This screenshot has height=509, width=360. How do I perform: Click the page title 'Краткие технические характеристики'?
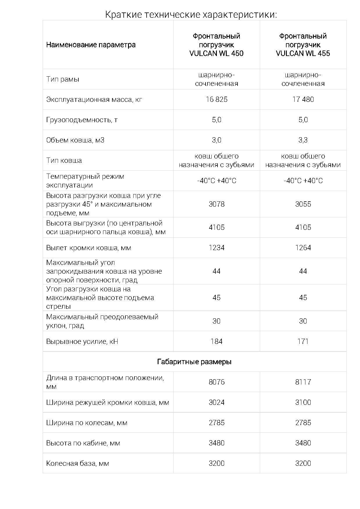[x=191, y=14]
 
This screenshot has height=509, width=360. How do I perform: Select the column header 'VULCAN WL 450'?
[x=216, y=45]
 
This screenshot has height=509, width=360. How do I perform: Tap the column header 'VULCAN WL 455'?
[x=303, y=45]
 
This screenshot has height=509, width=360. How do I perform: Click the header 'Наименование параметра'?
[x=91, y=45]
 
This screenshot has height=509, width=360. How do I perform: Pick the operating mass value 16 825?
[x=217, y=100]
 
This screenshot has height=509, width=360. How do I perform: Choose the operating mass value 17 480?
[x=303, y=100]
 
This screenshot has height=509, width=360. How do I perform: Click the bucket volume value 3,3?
[x=303, y=140]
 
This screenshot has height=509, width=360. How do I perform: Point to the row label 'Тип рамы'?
[x=63, y=79]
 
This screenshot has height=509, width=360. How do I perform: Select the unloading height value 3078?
[x=217, y=204]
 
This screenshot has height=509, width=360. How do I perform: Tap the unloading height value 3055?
[x=303, y=204]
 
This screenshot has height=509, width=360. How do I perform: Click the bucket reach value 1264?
[x=303, y=248]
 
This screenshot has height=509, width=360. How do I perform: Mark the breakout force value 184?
[x=217, y=341]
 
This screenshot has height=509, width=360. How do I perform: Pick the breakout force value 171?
[x=303, y=341]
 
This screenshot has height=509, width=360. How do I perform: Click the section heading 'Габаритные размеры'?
[x=194, y=362]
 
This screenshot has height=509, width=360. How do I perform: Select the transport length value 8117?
[x=303, y=382]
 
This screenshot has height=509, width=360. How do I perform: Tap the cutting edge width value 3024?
[x=217, y=402]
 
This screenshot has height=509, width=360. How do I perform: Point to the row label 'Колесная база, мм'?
[x=78, y=463]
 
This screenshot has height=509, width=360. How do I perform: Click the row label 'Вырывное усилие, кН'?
[x=82, y=341]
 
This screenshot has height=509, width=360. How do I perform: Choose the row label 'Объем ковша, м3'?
[x=75, y=140]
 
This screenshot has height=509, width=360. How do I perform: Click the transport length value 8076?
[x=217, y=382]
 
